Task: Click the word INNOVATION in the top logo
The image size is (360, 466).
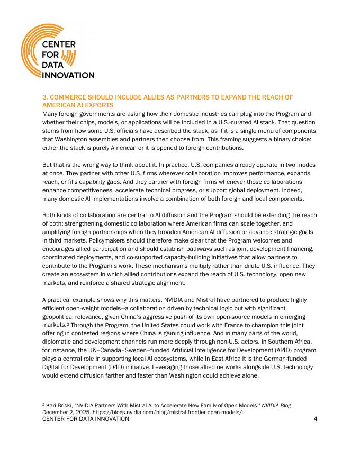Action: coord(68,75)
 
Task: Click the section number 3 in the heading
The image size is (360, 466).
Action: coord(44,97)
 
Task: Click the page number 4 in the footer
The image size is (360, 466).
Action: coord(315,419)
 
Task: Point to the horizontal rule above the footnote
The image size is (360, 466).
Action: coord(84,397)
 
